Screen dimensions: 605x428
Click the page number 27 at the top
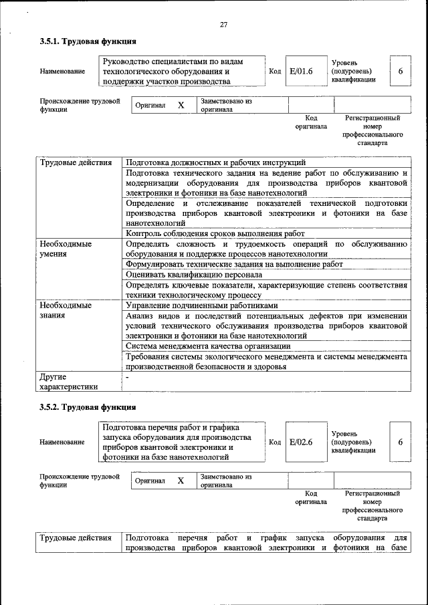[x=224, y=25]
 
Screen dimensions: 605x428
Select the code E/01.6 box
[x=301, y=72]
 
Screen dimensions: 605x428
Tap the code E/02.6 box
[x=301, y=442]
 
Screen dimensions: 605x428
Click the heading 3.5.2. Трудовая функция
[x=88, y=406]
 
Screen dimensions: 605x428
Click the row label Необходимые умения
[x=66, y=249]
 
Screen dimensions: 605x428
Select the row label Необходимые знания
[x=66, y=310]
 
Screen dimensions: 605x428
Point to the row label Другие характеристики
[x=69, y=381]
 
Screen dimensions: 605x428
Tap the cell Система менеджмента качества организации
[x=208, y=346]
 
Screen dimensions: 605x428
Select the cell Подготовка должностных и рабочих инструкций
[x=215, y=162]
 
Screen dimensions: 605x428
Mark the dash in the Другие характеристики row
[x=128, y=376]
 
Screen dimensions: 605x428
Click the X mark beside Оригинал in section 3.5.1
[x=181, y=106]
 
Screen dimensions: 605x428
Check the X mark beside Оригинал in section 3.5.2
[x=181, y=481]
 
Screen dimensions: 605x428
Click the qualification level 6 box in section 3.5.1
[x=400, y=72]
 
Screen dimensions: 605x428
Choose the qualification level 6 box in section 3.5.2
[x=400, y=442]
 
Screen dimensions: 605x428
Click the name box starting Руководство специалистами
[x=181, y=72]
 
